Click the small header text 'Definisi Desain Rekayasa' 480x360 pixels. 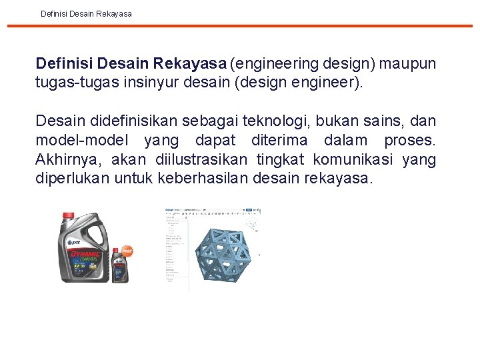[86, 13]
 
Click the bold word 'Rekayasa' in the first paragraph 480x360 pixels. [190, 64]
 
